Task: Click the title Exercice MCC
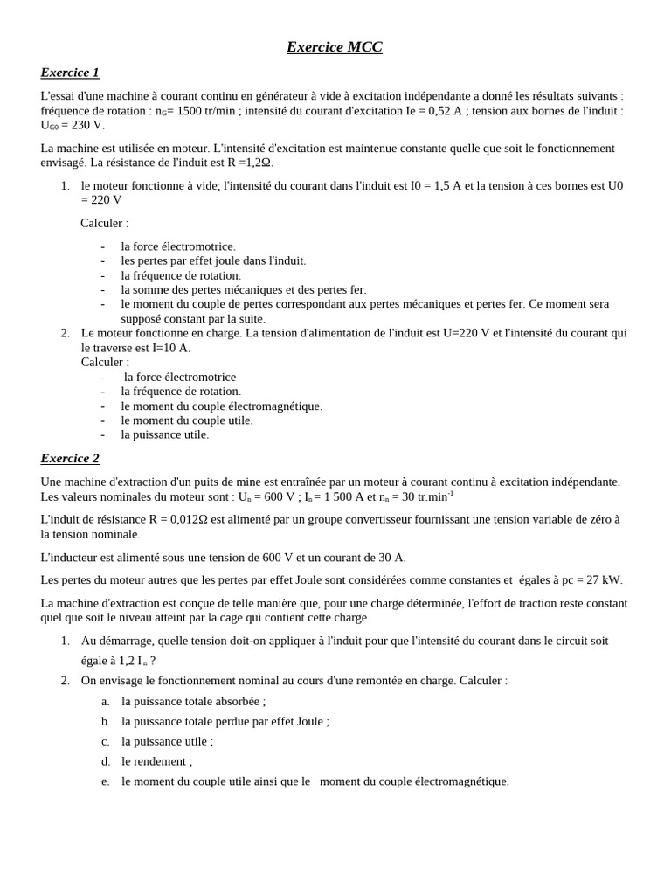pos(335,47)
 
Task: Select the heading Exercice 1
pos(70,73)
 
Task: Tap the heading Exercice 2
pos(70,458)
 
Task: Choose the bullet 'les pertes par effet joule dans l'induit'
pos(213,260)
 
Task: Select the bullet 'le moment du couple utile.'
pos(186,420)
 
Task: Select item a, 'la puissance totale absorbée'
pos(193,701)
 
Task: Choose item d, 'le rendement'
pos(156,761)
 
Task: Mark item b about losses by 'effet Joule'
pos(225,721)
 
